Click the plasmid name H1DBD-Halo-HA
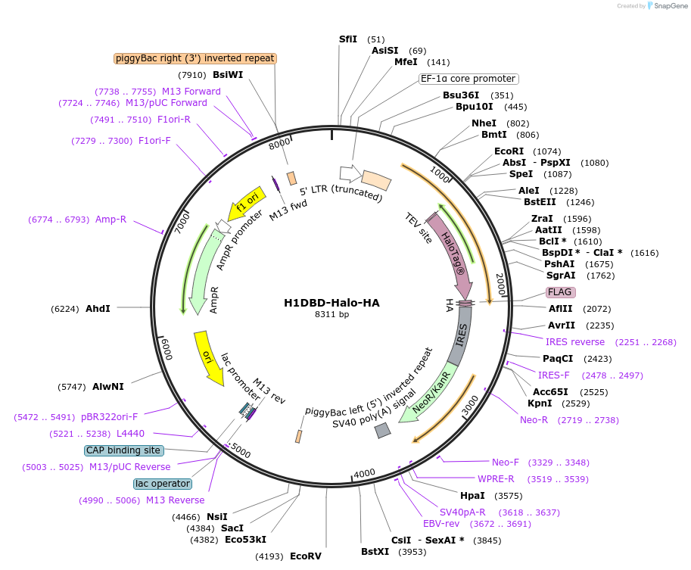click(x=331, y=303)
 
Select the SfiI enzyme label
click(x=348, y=39)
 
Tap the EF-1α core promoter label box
click(x=468, y=79)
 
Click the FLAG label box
click(x=560, y=292)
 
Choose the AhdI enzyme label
click(x=98, y=309)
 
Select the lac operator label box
click(x=162, y=484)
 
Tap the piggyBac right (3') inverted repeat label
click(x=195, y=58)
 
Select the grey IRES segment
click(x=462, y=337)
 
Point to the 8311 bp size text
click(x=331, y=314)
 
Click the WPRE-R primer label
click(x=496, y=479)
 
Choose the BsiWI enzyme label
click(x=228, y=75)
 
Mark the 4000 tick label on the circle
click(x=364, y=473)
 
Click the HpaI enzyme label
click(x=472, y=496)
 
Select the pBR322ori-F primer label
click(x=110, y=417)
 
